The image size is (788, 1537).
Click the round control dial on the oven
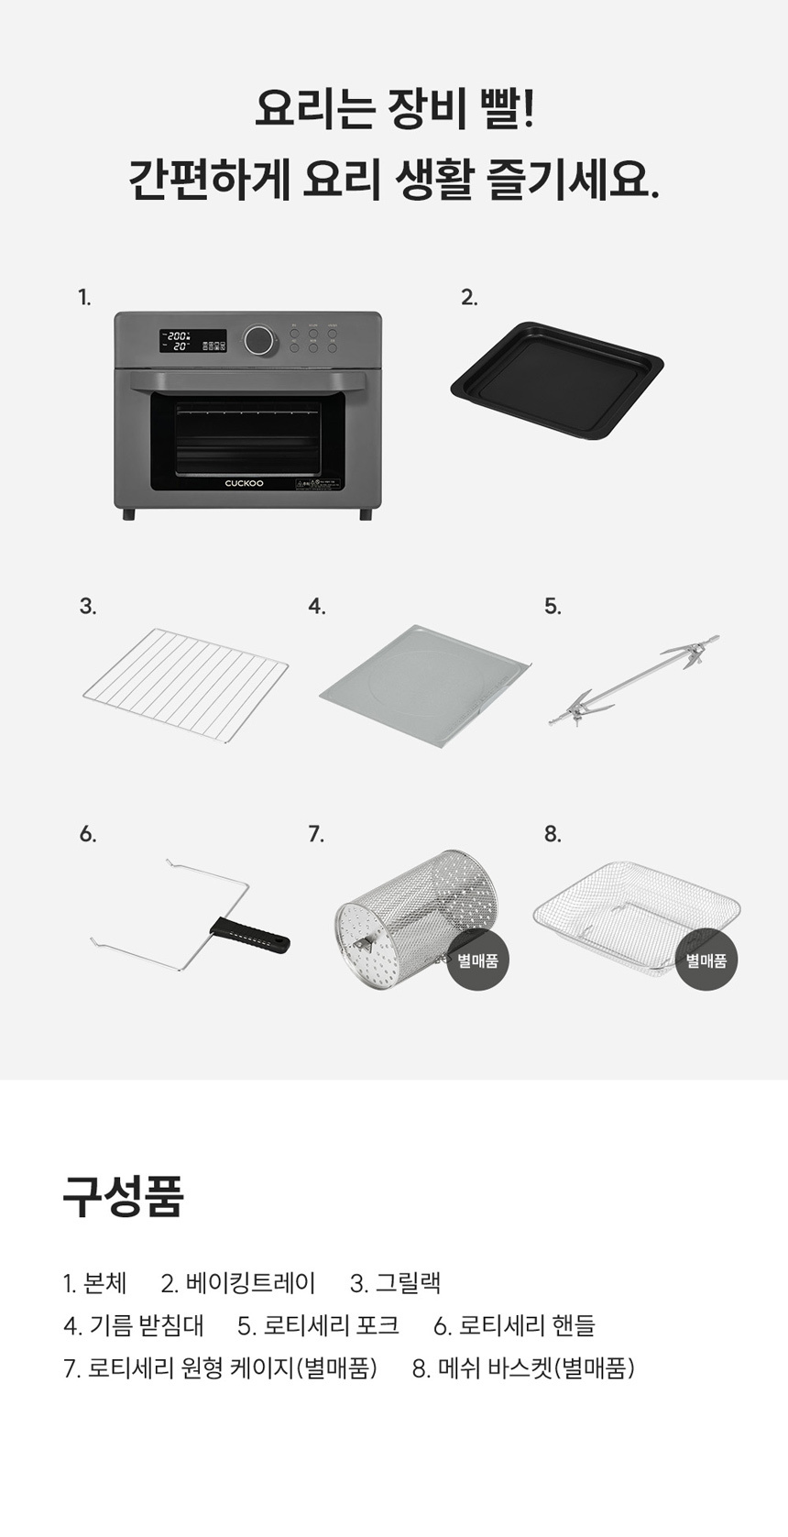(x=258, y=339)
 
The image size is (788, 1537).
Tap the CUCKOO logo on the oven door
(x=244, y=483)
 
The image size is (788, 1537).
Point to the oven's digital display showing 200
(x=177, y=341)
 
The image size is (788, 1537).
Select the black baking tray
(x=557, y=379)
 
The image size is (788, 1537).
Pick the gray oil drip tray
(x=426, y=686)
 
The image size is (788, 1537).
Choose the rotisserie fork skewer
(x=634, y=680)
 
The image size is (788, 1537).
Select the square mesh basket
(x=637, y=916)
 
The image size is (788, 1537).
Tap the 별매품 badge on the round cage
(x=478, y=960)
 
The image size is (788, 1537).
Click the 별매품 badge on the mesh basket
(x=706, y=960)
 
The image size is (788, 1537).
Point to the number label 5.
(x=553, y=607)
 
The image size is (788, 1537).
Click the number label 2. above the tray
(x=469, y=298)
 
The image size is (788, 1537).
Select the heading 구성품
(x=124, y=1196)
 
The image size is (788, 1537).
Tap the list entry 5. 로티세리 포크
(x=318, y=1325)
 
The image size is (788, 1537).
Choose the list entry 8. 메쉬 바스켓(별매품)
(x=523, y=1368)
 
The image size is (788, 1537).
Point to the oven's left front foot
(x=128, y=514)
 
